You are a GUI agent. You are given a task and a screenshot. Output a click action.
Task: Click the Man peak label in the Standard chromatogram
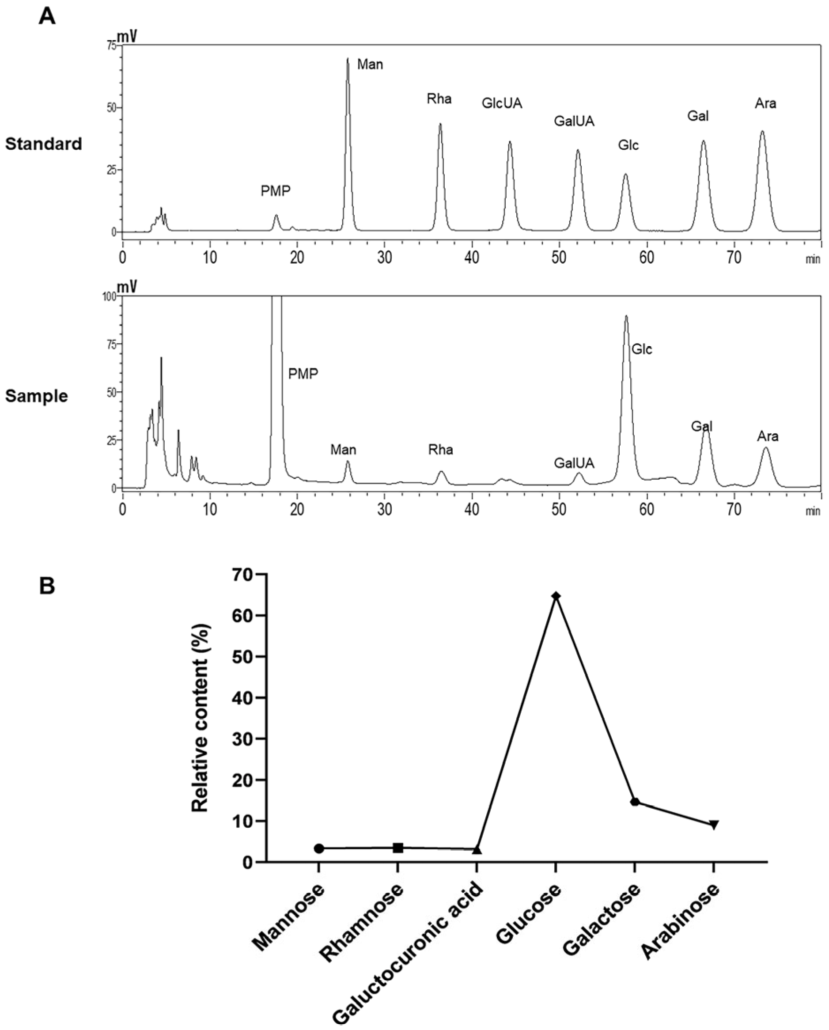click(x=370, y=64)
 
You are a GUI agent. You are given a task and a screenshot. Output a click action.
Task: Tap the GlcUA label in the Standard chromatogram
click(x=502, y=103)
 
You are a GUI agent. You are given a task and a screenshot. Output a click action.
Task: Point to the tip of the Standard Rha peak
click(x=440, y=124)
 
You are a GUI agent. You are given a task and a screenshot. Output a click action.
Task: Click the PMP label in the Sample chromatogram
click(x=303, y=373)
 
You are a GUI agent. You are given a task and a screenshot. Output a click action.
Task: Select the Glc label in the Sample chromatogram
click(x=642, y=349)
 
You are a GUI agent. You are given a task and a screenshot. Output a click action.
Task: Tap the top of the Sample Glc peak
click(x=626, y=316)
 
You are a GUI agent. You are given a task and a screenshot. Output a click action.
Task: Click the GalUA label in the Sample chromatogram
click(x=574, y=462)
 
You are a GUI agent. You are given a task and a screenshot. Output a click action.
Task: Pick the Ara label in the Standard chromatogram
click(x=765, y=103)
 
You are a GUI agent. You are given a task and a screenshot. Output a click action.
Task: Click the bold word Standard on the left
click(x=43, y=144)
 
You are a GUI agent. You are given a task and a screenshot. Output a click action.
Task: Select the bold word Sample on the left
click(x=36, y=396)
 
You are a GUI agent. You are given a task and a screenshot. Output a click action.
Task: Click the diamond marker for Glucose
click(x=555, y=596)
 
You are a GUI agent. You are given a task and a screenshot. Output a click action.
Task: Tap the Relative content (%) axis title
click(x=200, y=718)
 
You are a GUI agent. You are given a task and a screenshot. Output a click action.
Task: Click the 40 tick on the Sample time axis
click(x=472, y=510)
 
